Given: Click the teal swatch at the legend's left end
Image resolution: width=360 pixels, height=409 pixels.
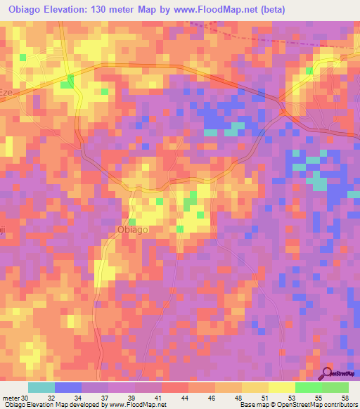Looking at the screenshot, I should (41, 387).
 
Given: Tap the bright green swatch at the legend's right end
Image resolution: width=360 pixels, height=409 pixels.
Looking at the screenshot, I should (335, 387).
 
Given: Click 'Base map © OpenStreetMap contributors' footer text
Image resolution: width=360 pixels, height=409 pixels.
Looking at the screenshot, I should (297, 404).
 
